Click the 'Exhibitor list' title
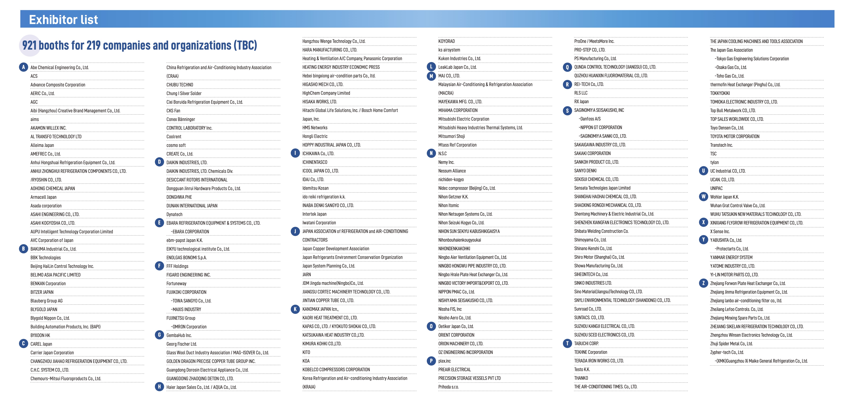tap(63, 20)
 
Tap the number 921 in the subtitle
tap(29, 45)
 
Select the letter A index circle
tap(23, 67)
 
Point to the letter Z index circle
tap(703, 283)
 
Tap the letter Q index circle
tap(567, 67)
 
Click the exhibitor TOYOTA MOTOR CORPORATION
tap(734, 136)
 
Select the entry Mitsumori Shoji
tap(451, 136)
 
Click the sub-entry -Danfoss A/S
tap(590, 119)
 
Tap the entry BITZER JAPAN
tap(42, 292)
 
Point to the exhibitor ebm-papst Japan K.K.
tap(184, 240)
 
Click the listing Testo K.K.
tap(582, 369)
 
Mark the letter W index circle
tap(703, 197)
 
